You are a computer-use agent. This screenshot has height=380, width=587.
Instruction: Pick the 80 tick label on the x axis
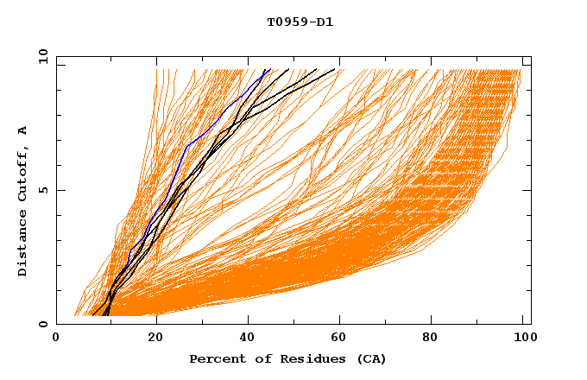click(x=437, y=339)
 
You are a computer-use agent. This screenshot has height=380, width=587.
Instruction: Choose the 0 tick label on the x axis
click(x=57, y=339)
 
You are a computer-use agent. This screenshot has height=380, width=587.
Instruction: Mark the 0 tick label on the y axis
click(x=42, y=325)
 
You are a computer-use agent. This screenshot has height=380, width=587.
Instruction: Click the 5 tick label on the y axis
click(x=42, y=190)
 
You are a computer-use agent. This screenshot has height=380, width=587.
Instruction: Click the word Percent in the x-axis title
click(x=216, y=358)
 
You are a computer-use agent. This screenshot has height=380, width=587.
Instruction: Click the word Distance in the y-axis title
click(x=23, y=244)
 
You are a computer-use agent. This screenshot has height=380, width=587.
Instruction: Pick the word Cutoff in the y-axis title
click(x=23, y=171)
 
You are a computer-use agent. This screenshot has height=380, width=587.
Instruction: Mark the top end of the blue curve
click(x=270, y=70)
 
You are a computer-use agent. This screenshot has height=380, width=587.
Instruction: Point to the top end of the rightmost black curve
click(x=335, y=70)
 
